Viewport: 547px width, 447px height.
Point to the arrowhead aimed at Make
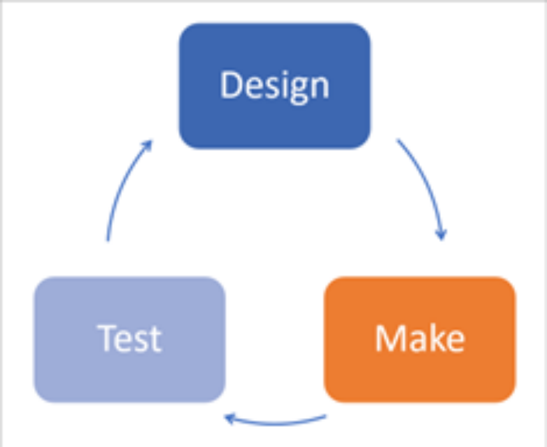coord(441,234)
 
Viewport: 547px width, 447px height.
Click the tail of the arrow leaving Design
coord(399,141)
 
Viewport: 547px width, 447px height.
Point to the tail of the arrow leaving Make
coord(324,417)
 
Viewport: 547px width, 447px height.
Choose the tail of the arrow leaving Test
coord(107,239)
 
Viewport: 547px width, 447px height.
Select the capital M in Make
coord(389,339)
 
